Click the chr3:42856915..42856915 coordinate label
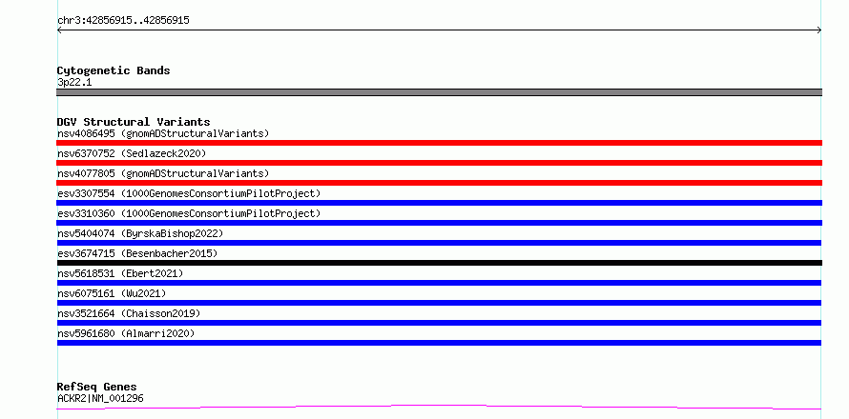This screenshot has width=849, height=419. coord(123,21)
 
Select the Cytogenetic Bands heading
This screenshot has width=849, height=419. coord(114,70)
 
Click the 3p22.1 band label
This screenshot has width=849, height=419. coord(74,83)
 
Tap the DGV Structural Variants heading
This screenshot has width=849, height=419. coord(134,122)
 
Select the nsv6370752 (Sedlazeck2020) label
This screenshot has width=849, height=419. coord(132,153)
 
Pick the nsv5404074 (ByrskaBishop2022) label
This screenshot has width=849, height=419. coord(140,233)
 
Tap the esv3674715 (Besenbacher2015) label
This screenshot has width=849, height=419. coord(137,253)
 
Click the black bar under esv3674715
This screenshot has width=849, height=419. coord(439,263)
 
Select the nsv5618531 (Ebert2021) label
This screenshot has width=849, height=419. coord(120,273)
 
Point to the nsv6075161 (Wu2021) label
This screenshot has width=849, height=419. coord(112,293)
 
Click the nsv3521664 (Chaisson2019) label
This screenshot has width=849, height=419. coord(129,313)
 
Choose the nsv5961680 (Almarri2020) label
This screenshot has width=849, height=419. coord(126,333)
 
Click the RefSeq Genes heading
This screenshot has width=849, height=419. coord(97,388)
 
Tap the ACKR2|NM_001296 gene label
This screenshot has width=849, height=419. coord(100,399)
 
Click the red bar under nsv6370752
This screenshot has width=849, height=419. coord(439,163)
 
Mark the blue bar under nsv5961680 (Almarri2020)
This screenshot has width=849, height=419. coord(439,343)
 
